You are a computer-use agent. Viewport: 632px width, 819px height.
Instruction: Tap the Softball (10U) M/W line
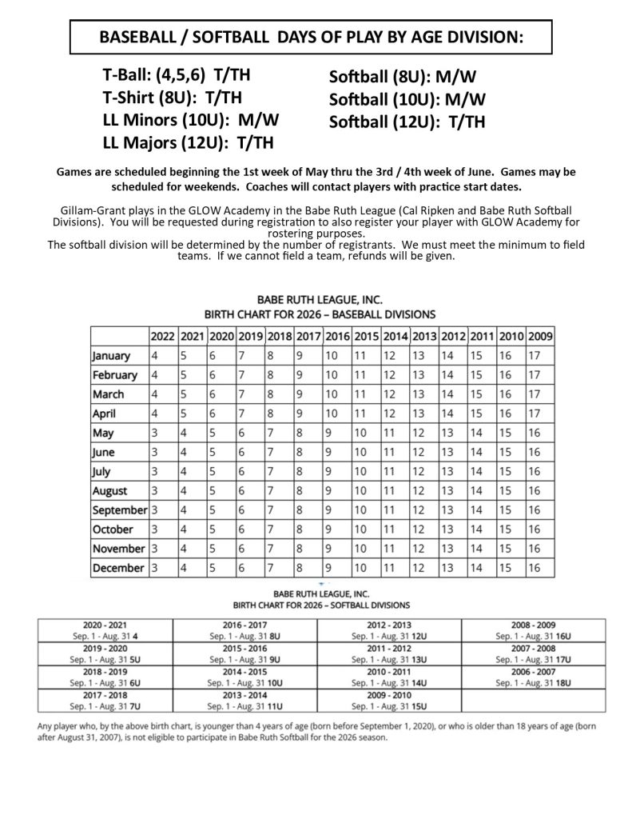[x=407, y=100]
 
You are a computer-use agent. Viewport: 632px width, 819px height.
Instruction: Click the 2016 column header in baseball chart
[x=337, y=336]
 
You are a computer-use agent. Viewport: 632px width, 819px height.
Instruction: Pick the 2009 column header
[x=540, y=336]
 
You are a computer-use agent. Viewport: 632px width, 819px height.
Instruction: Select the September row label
[x=119, y=509]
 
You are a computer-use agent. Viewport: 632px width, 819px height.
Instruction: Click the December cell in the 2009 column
[x=540, y=567]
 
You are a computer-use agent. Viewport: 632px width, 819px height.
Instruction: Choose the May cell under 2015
[x=366, y=433]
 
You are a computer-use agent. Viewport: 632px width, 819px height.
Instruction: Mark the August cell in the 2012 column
[x=453, y=490]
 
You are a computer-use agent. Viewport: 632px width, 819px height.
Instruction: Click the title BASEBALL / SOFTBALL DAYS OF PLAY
[x=311, y=38]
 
